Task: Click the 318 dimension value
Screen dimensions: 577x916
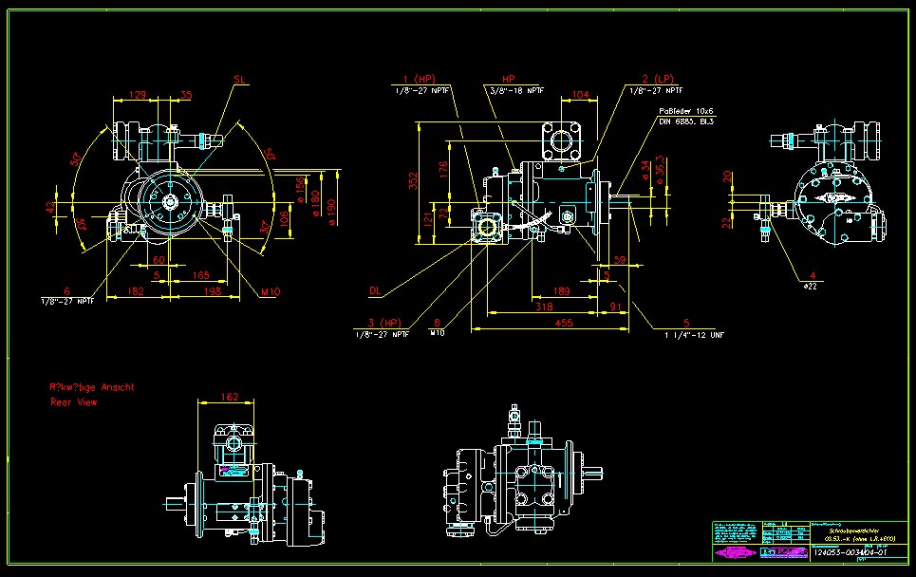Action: pos(543,307)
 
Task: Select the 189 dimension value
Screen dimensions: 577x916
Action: pos(561,290)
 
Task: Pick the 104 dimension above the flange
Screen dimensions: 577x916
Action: pos(581,96)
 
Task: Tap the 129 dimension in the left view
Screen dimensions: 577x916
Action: pos(138,95)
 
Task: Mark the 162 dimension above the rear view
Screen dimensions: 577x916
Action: pos(228,397)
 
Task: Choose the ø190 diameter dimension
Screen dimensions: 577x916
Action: pos(332,209)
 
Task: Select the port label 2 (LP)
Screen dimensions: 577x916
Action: pos(657,79)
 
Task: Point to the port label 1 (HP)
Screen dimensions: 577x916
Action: pos(419,79)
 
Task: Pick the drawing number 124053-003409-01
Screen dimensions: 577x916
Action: pos(851,552)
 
